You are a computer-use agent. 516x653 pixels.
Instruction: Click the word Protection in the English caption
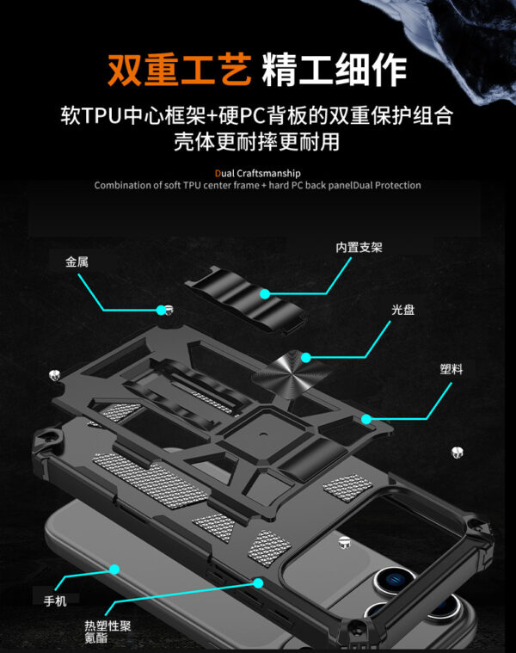pyautogui.click(x=397, y=185)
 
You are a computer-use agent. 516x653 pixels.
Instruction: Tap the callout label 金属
pyautogui.click(x=77, y=262)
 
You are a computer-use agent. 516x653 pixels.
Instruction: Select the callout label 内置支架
pyautogui.click(x=359, y=248)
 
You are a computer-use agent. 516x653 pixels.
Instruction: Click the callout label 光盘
pyautogui.click(x=402, y=310)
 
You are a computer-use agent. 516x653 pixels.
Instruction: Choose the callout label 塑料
pyautogui.click(x=451, y=369)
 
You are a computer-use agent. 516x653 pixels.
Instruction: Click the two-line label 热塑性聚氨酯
pyautogui.click(x=107, y=632)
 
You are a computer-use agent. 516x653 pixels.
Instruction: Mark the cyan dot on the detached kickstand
pyautogui.click(x=266, y=293)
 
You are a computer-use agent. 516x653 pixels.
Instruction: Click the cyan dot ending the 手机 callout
pyautogui.click(x=114, y=570)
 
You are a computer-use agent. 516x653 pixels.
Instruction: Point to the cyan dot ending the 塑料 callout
pyautogui.click(x=367, y=419)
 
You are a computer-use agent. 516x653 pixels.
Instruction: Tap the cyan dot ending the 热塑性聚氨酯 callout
pyautogui.click(x=257, y=583)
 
